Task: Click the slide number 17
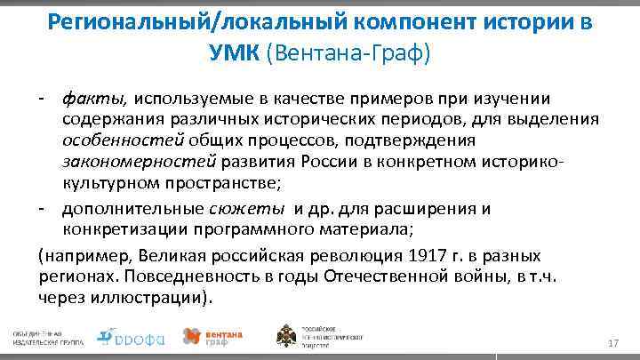click(612, 343)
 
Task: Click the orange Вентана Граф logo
click(208, 336)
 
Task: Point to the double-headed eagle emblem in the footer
click(288, 336)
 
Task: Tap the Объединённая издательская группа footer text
click(44, 336)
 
